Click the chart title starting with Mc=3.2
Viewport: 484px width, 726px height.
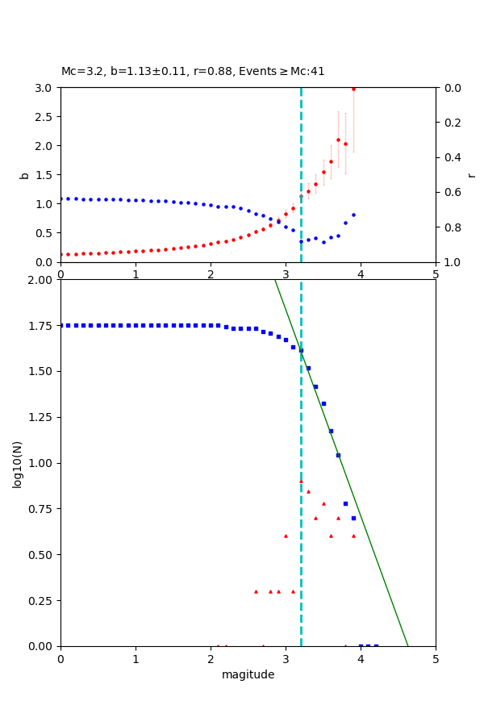pyautogui.click(x=193, y=71)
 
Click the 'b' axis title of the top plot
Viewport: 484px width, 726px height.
pyautogui.click(x=24, y=175)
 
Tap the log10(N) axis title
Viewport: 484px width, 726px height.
pyautogui.click(x=17, y=464)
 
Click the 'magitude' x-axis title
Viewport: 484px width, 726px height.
pyautogui.click(x=248, y=675)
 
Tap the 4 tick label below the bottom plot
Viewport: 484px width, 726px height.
pyautogui.click(x=361, y=658)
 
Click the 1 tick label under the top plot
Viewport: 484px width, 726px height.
pyautogui.click(x=136, y=274)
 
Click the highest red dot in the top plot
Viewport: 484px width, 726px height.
pyautogui.click(x=353, y=89)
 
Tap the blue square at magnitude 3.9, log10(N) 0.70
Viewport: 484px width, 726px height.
pyautogui.click(x=353, y=518)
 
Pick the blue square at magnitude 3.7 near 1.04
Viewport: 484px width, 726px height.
pyautogui.click(x=338, y=455)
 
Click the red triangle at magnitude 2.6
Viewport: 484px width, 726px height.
pyautogui.click(x=256, y=591)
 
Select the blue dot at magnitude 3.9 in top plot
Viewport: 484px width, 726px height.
pyautogui.click(x=353, y=215)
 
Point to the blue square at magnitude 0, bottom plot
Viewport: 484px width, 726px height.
pyautogui.click(x=60, y=325)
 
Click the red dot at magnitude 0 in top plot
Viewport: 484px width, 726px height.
pyautogui.click(x=60, y=254)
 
